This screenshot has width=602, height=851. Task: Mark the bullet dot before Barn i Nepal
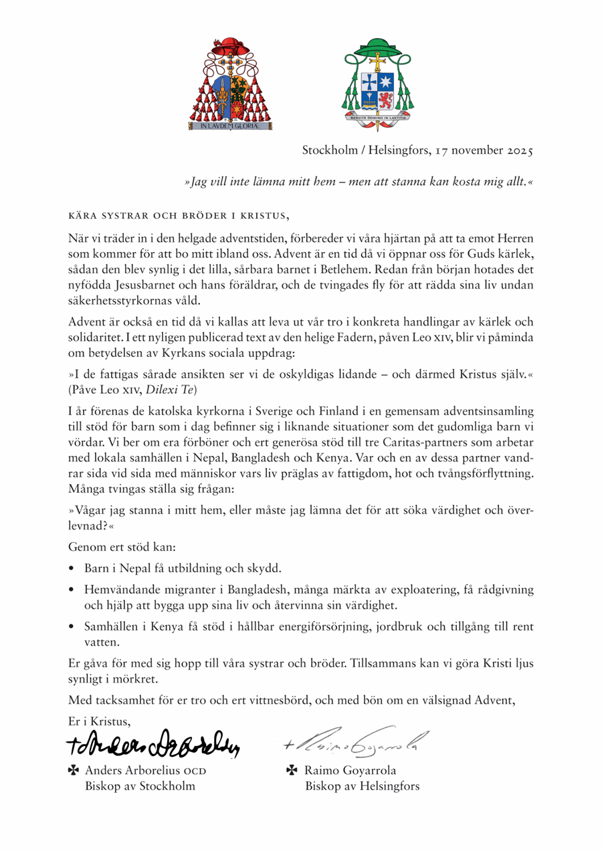(x=72, y=569)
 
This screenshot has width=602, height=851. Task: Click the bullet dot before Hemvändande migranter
(x=72, y=591)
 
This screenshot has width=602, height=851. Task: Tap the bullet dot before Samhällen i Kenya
(x=72, y=628)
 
